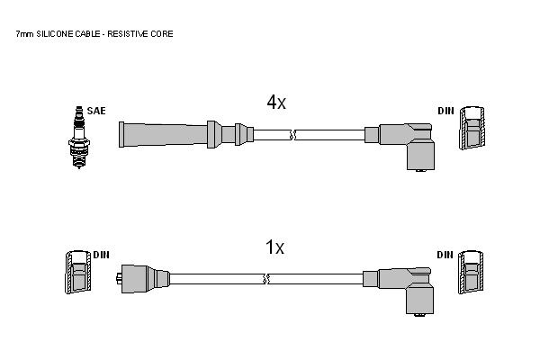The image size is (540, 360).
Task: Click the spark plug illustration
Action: (x=79, y=138)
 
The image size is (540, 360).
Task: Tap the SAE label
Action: (x=96, y=111)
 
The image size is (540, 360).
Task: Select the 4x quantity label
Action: (x=276, y=102)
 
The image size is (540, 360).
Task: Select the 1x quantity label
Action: (x=274, y=247)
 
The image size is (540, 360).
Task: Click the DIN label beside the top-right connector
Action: (x=446, y=111)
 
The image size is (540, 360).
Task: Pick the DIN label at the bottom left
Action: (x=101, y=255)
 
